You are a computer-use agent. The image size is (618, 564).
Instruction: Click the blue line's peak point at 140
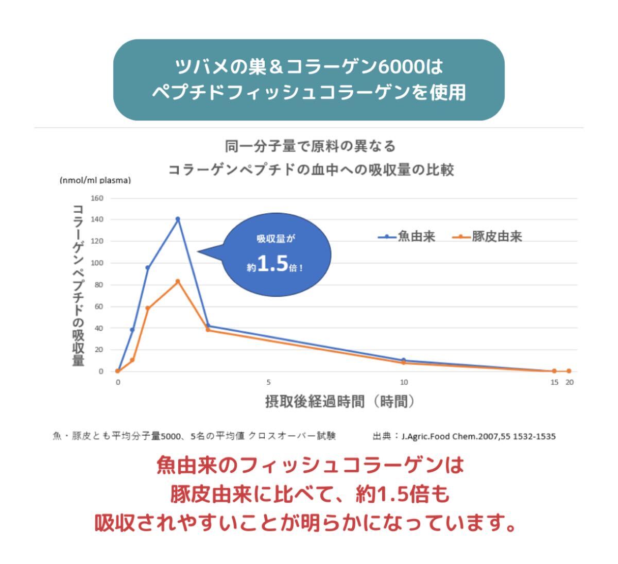pyautogui.click(x=178, y=219)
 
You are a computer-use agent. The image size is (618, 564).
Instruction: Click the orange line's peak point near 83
pyautogui.click(x=178, y=281)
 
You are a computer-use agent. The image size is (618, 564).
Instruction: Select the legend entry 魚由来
pyautogui.click(x=407, y=236)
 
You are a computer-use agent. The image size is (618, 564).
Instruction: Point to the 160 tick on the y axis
pyautogui.click(x=97, y=198)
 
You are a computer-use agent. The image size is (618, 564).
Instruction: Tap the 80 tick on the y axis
pyautogui.click(x=99, y=285)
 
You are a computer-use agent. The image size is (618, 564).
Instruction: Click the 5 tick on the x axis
pyautogui.click(x=268, y=382)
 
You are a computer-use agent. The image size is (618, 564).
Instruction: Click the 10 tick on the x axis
pyautogui.click(x=404, y=382)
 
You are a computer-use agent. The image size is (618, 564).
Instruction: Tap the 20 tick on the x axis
pyautogui.click(x=569, y=382)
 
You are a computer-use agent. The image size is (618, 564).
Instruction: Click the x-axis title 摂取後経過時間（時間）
pyautogui.click(x=340, y=401)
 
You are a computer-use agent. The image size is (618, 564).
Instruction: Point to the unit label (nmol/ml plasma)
pyautogui.click(x=95, y=180)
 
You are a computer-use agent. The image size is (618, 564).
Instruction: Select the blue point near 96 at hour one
pyautogui.click(x=148, y=268)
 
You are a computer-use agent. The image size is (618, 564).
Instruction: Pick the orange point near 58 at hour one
pyautogui.click(x=148, y=308)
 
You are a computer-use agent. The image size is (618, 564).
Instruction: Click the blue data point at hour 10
pyautogui.click(x=403, y=360)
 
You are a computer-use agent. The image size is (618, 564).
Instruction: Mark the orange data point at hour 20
pyautogui.click(x=569, y=371)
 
